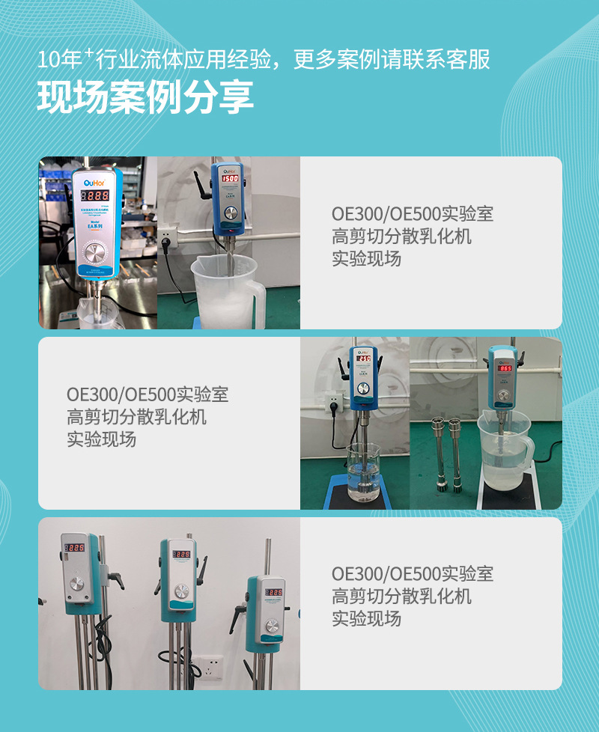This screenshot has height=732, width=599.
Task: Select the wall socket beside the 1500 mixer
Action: (168, 240)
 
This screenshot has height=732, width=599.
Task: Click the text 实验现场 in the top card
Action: (366, 259)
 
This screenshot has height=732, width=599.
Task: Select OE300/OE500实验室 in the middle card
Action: (148, 394)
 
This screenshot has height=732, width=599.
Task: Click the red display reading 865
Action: (505, 368)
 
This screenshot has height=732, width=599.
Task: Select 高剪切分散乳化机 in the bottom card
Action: (401, 597)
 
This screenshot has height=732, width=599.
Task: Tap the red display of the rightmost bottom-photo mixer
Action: (273, 592)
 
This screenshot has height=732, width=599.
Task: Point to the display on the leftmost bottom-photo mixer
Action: (73, 549)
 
